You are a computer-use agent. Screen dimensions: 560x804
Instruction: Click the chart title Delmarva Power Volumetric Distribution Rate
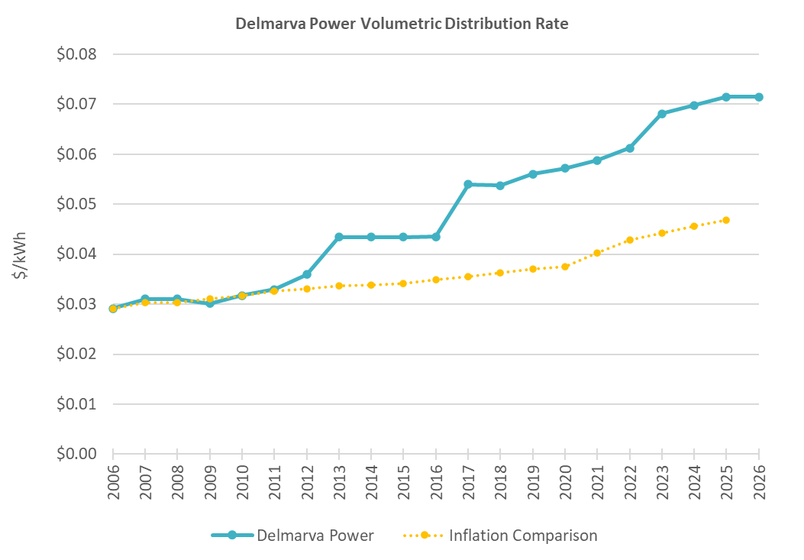coord(402,24)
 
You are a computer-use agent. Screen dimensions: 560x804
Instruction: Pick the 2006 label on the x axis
coord(113,479)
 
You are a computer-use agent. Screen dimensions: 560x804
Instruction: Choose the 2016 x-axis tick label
coord(436,479)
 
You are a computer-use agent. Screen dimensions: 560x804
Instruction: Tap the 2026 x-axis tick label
coord(759,479)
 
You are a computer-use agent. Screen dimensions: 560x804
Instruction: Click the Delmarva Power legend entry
coord(293,536)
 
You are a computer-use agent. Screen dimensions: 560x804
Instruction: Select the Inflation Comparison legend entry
coord(500,536)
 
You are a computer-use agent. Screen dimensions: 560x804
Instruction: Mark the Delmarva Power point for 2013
coord(339,237)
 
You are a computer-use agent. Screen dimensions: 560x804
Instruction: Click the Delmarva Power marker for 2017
coord(468,184)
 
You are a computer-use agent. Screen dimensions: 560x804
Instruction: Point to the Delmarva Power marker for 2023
coord(662,114)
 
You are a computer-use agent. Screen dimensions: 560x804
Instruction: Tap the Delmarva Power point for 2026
coord(759,97)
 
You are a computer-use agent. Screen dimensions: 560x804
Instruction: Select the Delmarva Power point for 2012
coord(307,274)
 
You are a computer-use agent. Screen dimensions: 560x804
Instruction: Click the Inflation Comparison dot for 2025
coord(726,220)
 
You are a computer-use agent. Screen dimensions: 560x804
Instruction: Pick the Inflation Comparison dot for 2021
coord(597,253)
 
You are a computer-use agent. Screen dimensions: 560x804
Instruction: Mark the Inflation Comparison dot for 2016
coord(436,280)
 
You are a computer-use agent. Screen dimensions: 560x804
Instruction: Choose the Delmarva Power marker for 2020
coord(565,168)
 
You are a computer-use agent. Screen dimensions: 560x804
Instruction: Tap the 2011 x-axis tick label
coord(275,479)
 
